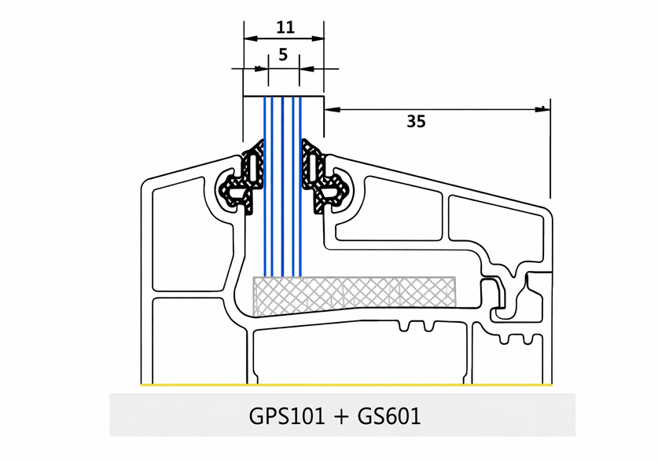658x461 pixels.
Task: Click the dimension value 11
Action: click(285, 27)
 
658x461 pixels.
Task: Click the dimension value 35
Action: click(416, 121)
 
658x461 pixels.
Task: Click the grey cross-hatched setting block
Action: click(354, 291)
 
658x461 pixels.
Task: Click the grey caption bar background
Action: click(157, 415)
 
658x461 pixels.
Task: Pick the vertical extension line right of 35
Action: click(550, 149)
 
